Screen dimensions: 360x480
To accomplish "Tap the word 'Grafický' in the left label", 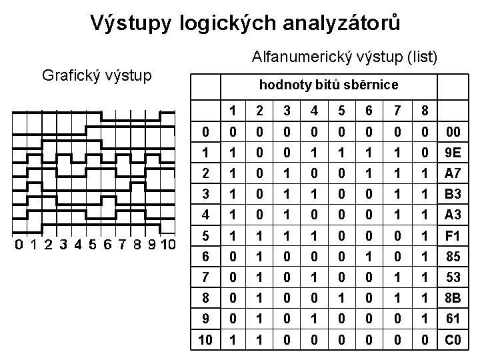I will point(69,74).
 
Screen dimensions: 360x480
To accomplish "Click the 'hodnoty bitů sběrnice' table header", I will point(328,85).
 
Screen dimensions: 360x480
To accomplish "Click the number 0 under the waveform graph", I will point(19,245).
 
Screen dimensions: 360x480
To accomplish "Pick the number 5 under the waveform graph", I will point(92,245).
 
